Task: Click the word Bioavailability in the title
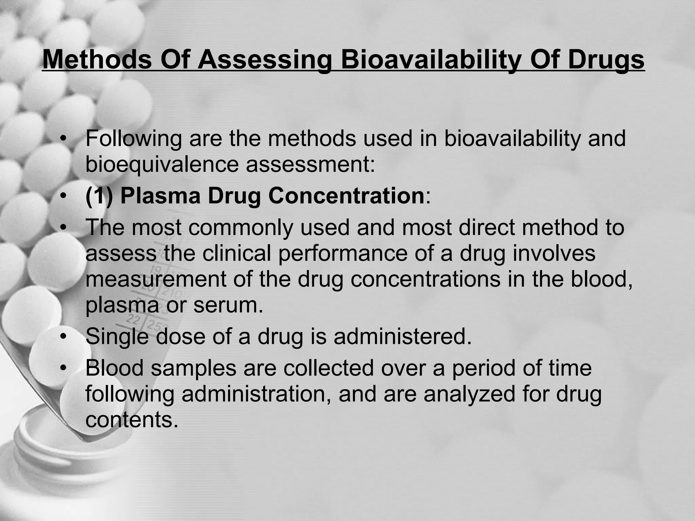(x=430, y=60)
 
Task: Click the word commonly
(x=241, y=227)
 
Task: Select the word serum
(x=228, y=305)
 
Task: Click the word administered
(x=402, y=336)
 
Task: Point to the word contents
(x=132, y=420)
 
